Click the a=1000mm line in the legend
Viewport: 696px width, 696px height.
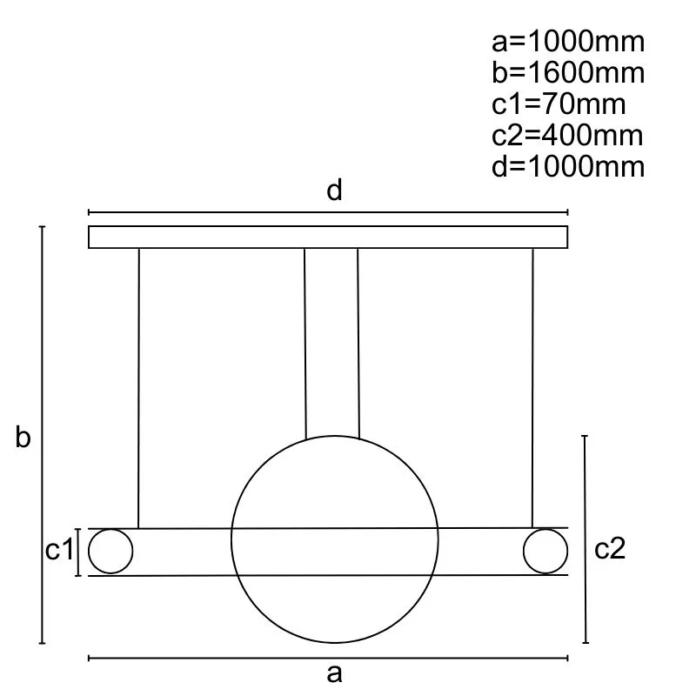coord(568,42)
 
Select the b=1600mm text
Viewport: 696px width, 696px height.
coord(568,73)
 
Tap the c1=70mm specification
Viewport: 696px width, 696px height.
coord(559,104)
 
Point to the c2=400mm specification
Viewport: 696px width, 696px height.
coord(567,136)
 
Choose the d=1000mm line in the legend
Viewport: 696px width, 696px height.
coord(568,166)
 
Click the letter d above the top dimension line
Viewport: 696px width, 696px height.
coord(334,190)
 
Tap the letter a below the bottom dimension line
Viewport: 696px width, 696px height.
coord(334,673)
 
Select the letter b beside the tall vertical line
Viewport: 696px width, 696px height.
coord(23,437)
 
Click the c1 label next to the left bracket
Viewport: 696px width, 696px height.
coord(59,550)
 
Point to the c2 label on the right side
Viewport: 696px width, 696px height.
coord(610,549)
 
